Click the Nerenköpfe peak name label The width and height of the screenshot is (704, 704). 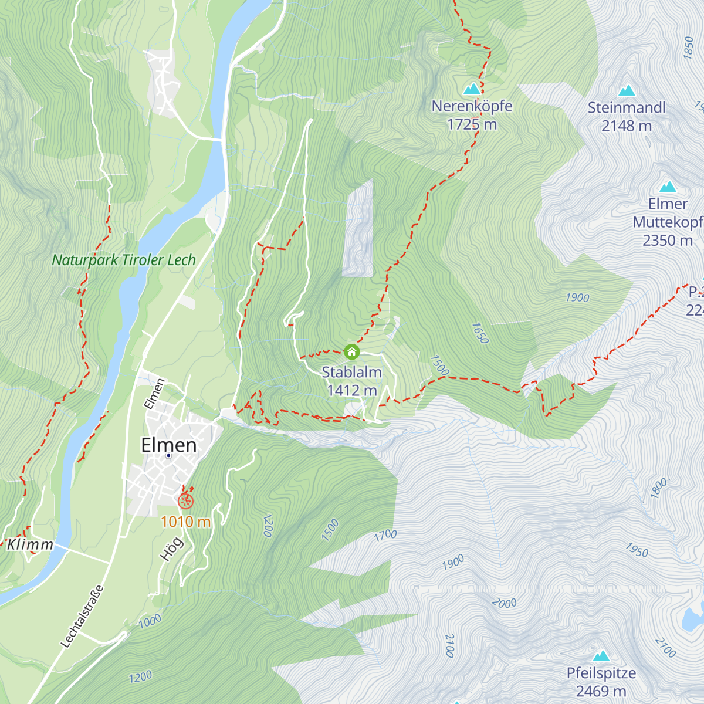click(x=472, y=106)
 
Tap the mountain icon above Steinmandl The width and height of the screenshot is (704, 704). click(x=627, y=91)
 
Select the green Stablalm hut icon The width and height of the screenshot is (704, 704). click(x=351, y=351)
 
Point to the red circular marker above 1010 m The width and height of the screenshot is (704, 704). click(x=186, y=501)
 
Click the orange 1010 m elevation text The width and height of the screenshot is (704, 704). click(x=185, y=522)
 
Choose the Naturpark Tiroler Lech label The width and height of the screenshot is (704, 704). click(x=124, y=260)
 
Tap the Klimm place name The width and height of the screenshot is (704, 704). click(x=30, y=544)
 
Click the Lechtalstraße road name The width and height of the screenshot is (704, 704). click(x=82, y=617)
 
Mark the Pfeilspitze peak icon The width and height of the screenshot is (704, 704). click(x=601, y=656)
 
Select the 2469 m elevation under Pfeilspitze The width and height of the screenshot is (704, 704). click(x=601, y=691)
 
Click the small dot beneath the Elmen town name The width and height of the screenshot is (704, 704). click(x=168, y=455)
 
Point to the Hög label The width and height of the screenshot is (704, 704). click(x=171, y=549)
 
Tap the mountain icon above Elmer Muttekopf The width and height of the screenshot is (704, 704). click(x=668, y=187)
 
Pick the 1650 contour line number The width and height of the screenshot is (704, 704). click(x=479, y=333)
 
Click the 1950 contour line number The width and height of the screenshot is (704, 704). click(x=637, y=550)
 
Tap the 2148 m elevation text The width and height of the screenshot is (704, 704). click(x=627, y=126)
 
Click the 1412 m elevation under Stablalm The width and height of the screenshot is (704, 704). click(x=351, y=390)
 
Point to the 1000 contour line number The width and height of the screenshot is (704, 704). click(x=150, y=621)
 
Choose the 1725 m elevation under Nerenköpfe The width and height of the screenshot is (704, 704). click(x=472, y=124)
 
